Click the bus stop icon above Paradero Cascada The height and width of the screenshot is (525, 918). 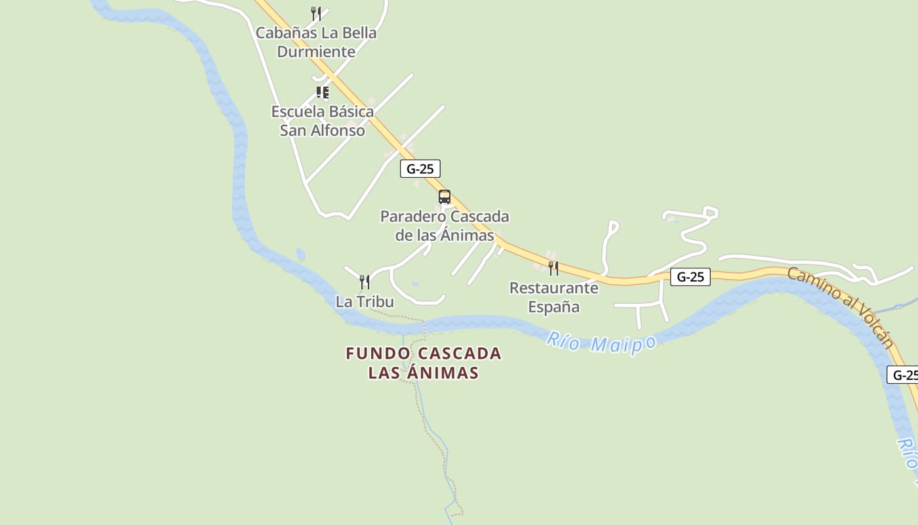click(445, 197)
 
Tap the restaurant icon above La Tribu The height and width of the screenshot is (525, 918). click(365, 282)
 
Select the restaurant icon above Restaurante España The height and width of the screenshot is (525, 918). click(553, 268)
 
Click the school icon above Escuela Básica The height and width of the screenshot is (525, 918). click(322, 92)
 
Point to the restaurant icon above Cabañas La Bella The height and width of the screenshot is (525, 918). click(316, 13)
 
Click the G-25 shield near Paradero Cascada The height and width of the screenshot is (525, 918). click(420, 169)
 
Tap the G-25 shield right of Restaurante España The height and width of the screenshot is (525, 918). click(690, 277)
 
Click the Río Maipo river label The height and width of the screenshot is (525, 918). click(601, 342)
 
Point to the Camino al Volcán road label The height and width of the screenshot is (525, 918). click(840, 306)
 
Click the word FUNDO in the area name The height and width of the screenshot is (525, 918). click(378, 354)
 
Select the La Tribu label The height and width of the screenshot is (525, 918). click(365, 301)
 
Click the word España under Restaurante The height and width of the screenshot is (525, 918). click(553, 306)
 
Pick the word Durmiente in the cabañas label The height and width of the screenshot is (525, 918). click(316, 51)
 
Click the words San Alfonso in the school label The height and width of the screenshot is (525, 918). click(322, 130)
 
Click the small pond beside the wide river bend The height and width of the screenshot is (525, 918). click(300, 254)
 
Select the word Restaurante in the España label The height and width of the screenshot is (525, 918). click(553, 287)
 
